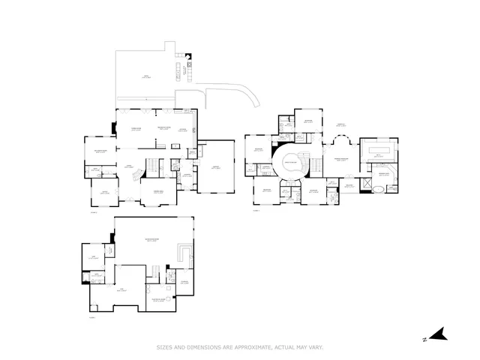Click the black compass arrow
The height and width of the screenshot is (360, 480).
(442, 334)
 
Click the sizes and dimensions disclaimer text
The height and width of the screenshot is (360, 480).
(239, 347)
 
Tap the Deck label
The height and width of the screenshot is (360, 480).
(146, 76)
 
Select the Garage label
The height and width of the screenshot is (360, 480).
(215, 167)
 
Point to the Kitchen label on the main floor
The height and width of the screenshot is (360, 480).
(182, 130)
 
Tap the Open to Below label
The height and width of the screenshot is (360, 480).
(290, 163)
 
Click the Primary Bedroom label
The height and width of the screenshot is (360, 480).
(342, 159)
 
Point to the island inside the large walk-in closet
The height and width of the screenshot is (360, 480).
(377, 152)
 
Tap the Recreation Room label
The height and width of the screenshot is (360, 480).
(151, 240)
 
